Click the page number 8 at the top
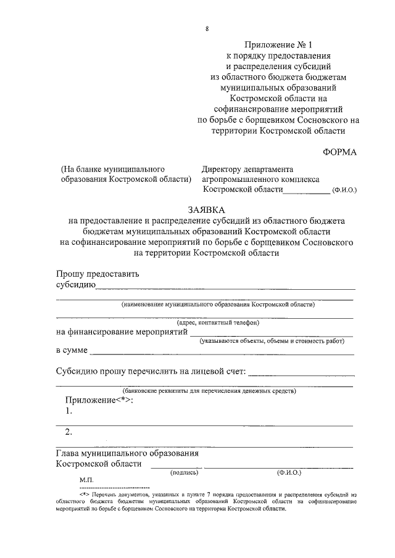(x=207, y=29)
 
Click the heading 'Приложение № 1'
(x=274, y=44)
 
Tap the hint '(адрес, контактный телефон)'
(x=218, y=322)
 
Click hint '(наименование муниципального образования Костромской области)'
(x=218, y=305)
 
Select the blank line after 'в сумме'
(x=222, y=353)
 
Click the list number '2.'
(x=69, y=432)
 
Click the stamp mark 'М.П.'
(x=85, y=479)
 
